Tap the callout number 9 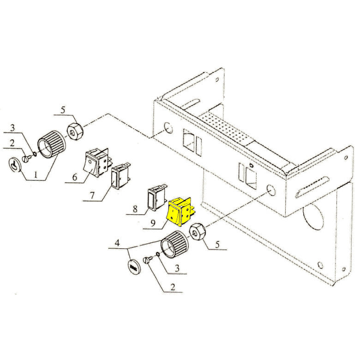153,223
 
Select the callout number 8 135,209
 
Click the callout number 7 92,195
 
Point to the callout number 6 75,177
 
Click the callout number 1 36,175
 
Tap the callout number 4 117,243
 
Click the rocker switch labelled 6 97,162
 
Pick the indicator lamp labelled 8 157,198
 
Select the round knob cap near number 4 134,266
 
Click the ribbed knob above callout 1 51,144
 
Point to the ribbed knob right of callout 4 174,245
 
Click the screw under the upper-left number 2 27,159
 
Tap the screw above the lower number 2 148,260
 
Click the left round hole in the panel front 168,128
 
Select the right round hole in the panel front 270,190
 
